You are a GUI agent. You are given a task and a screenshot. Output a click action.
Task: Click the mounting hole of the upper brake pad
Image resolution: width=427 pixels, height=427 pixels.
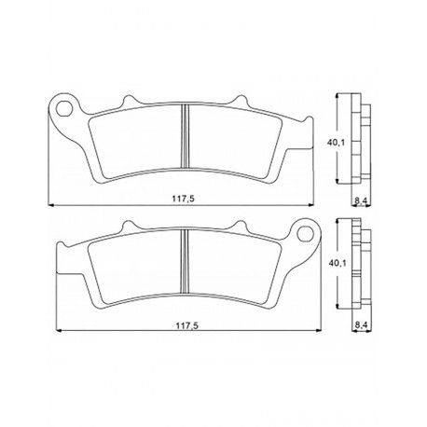[x=64, y=108]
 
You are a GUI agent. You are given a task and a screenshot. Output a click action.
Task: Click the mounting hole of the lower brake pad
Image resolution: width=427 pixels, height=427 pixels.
[x=305, y=234]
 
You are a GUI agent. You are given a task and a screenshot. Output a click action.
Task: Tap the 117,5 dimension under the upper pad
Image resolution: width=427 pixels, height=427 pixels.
[x=183, y=199]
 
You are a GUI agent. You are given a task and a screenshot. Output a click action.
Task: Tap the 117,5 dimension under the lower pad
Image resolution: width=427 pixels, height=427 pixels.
[x=187, y=325]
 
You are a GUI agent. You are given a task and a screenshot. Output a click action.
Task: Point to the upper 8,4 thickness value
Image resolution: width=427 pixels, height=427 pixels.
[x=361, y=201]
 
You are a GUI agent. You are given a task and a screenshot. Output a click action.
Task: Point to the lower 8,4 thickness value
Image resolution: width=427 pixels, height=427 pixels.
[x=361, y=325]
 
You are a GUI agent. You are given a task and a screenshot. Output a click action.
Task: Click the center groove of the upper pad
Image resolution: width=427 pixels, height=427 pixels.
[x=186, y=137]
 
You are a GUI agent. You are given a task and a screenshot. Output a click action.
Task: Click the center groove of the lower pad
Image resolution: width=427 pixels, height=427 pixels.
[x=186, y=261]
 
